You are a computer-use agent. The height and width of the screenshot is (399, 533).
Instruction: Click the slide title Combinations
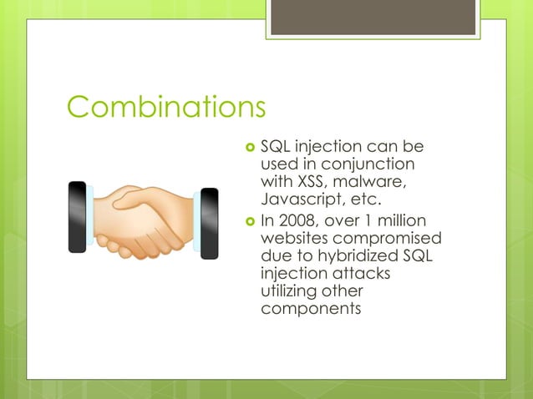pyautogui.click(x=166, y=107)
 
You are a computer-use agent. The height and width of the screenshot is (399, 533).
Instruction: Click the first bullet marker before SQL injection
pyautogui.click(x=248, y=148)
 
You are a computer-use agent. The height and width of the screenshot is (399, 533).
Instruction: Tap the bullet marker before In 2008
pyautogui.click(x=248, y=221)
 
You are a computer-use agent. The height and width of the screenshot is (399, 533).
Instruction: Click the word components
pyautogui.click(x=311, y=309)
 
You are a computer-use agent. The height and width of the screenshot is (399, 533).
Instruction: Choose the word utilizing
pyautogui.click(x=289, y=291)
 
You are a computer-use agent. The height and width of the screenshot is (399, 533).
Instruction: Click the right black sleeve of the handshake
pyautogui.click(x=210, y=223)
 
